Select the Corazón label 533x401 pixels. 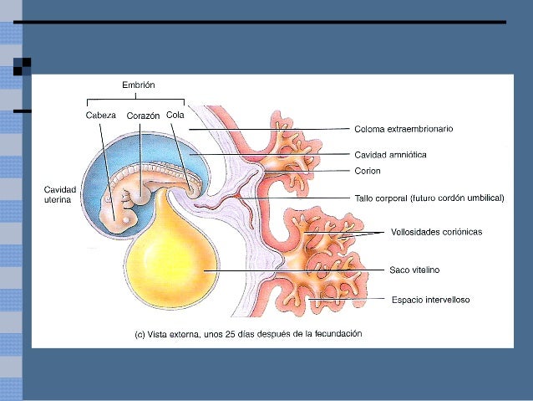(x=143, y=116)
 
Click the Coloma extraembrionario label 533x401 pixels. (x=404, y=129)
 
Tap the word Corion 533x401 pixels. (x=368, y=172)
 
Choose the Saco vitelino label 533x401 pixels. (x=414, y=270)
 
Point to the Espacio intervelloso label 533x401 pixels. (x=429, y=299)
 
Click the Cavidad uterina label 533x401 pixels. (x=60, y=195)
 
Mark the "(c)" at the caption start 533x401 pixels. (x=140, y=333)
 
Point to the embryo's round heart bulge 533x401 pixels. (x=143, y=194)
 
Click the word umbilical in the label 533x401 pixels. (x=485, y=198)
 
